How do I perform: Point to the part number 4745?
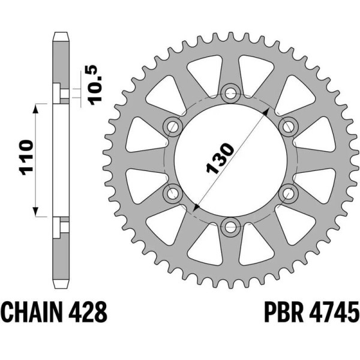pos(334,313)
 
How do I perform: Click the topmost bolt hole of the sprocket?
pos(231,92)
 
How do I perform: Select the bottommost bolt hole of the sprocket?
pos(231,226)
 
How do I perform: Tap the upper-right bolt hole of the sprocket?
pos(289,125)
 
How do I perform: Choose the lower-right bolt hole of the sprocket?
pos(289,193)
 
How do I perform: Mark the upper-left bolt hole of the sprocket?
pos(173,125)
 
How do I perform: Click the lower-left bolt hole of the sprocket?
pos(173,193)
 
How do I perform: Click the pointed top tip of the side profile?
pos(59,32)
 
